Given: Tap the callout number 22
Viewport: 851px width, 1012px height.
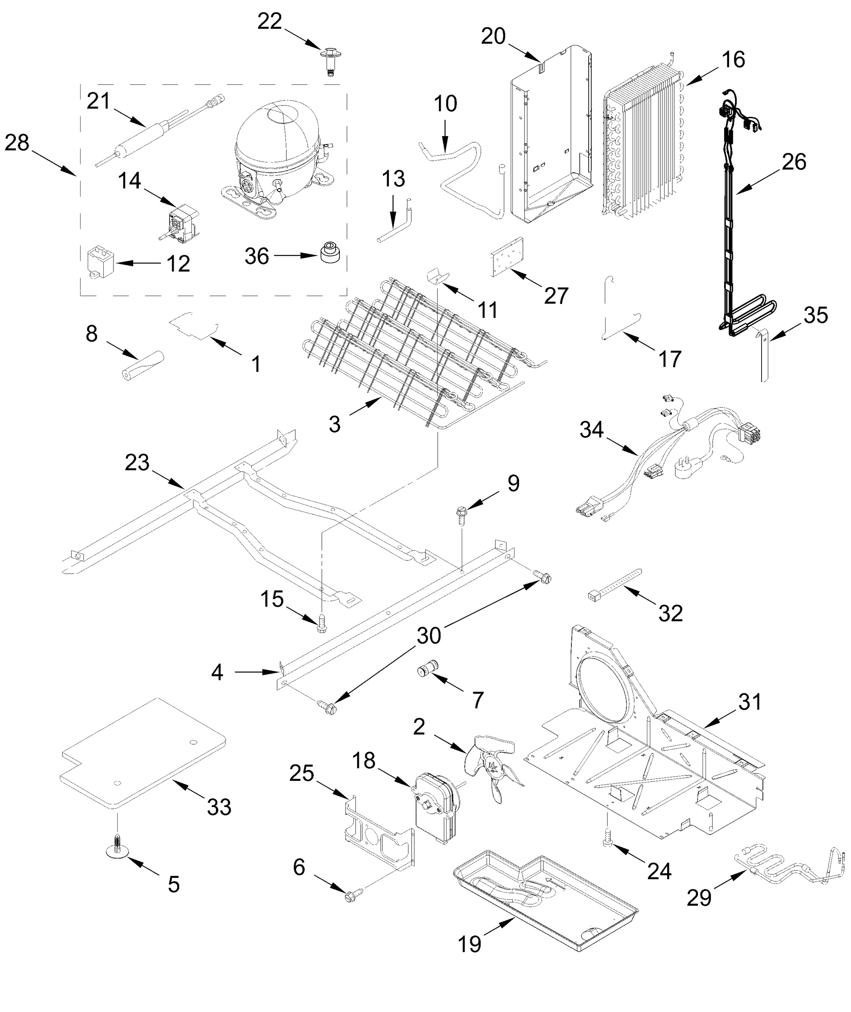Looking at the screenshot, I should coord(269,22).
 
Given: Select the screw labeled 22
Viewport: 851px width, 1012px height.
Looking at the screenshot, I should coord(329,60).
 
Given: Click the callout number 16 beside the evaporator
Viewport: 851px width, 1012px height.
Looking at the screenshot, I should coord(733,60).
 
